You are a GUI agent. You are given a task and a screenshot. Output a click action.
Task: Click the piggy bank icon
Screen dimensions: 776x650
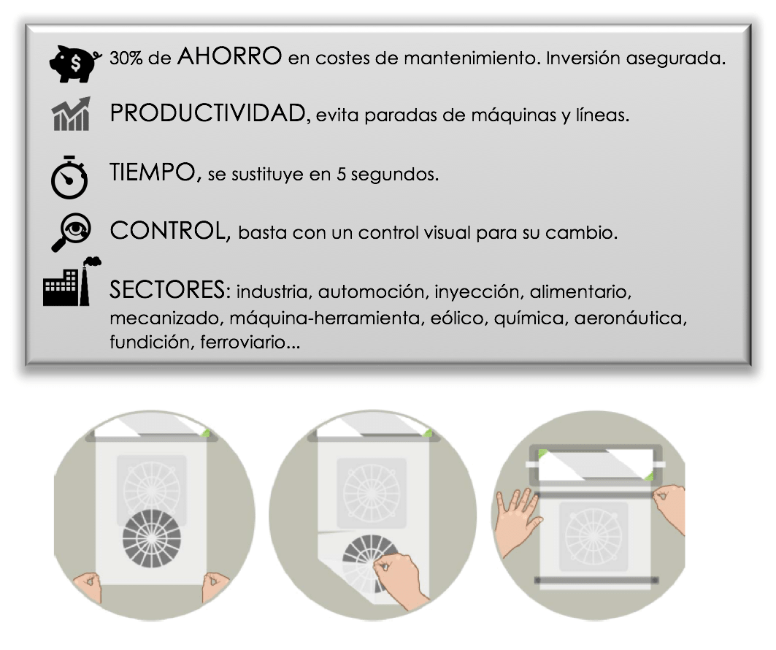coord(74,64)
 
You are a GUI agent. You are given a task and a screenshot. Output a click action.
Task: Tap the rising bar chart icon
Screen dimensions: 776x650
coord(72,113)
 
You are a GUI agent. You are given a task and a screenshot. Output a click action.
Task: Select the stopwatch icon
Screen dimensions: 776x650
coord(69,177)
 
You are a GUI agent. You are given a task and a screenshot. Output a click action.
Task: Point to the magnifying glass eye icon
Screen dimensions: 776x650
coord(72,232)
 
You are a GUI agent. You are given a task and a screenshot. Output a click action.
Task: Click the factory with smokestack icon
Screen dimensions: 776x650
coord(72,281)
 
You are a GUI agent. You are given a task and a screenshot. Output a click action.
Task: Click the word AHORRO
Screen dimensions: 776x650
coord(230,56)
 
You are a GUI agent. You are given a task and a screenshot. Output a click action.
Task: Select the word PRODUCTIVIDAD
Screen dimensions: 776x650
coord(208,113)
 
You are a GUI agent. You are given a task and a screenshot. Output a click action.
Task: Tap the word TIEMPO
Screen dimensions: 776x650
coord(153,172)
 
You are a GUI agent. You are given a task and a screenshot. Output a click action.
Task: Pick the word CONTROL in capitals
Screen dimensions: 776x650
coord(168,231)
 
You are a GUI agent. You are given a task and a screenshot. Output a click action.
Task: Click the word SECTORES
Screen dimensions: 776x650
coord(167,290)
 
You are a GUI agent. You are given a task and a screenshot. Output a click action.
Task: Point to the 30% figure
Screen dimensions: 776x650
coord(126,58)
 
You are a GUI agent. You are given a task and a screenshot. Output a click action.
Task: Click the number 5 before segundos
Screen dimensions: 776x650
coord(341,175)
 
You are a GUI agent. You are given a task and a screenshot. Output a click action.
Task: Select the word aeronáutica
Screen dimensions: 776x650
coord(629,318)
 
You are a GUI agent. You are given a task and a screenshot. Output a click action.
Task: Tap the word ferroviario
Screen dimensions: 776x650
coord(244,342)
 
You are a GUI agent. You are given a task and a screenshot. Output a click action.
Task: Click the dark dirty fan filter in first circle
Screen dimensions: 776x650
coord(151,538)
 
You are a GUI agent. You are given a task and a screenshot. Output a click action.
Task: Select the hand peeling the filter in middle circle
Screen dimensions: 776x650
coord(400,579)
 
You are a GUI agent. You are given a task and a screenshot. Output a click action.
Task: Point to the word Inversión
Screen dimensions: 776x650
coord(583,58)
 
